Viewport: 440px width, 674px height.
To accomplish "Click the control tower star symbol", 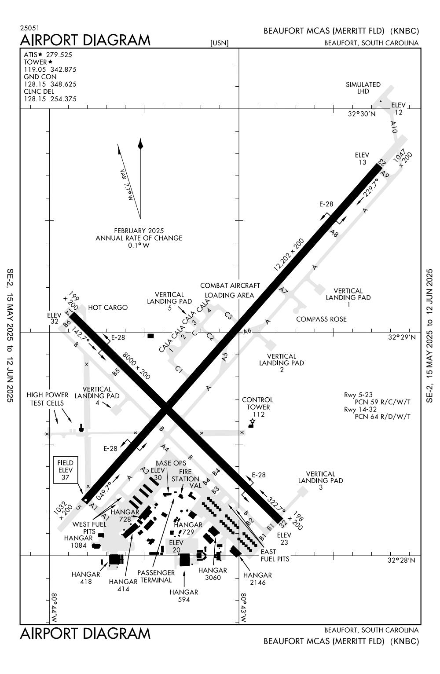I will pyautogui.click(x=252, y=421).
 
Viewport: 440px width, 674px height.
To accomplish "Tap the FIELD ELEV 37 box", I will pyautogui.click(x=65, y=470).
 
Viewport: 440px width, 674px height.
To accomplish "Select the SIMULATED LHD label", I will pyautogui.click(x=363, y=88).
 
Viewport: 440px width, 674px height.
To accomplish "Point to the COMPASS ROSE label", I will pyautogui.click(x=321, y=319).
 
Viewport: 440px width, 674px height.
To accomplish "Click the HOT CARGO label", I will pyautogui.click(x=108, y=308).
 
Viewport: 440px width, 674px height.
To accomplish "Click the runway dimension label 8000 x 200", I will pyautogui.click(x=136, y=366).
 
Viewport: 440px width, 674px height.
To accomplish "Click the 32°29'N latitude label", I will pyautogui.click(x=401, y=337).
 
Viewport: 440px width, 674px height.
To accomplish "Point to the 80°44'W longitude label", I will pyautogui.click(x=54, y=607).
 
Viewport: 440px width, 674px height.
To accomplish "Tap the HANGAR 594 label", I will pyautogui.click(x=184, y=596).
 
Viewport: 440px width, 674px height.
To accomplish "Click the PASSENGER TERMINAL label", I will pyautogui.click(x=156, y=576).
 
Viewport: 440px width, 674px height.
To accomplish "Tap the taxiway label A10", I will pyautogui.click(x=394, y=127).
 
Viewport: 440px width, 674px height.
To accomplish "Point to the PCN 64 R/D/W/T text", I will pyautogui.click(x=382, y=416).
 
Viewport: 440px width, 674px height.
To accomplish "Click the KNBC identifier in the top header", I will pyautogui.click(x=404, y=31).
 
